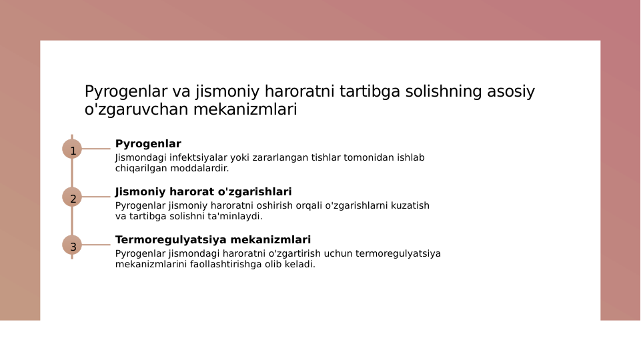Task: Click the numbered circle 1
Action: click(x=72, y=149)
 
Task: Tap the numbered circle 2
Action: click(x=72, y=197)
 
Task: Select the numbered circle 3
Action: click(x=72, y=245)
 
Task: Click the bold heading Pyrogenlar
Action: click(x=148, y=144)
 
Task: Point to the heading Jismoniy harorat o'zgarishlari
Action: click(x=203, y=192)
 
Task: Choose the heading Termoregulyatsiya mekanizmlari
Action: click(x=213, y=240)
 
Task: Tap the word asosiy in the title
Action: click(x=511, y=92)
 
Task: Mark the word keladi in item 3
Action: click(x=300, y=265)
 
